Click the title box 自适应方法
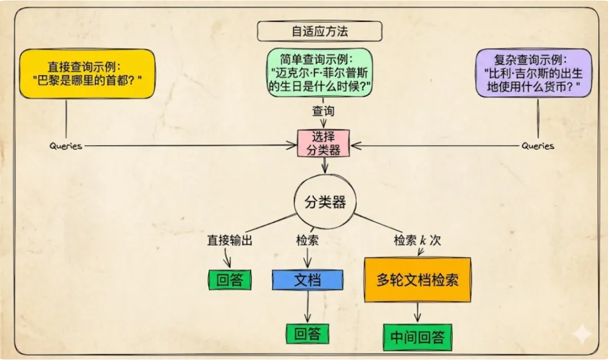point(320,31)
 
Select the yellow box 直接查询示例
point(87,74)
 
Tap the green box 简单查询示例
point(320,73)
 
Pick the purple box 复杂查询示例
point(534,73)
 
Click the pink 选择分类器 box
point(323,143)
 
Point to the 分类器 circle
point(325,202)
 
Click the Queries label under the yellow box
point(65,146)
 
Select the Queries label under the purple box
point(538,146)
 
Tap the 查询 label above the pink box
point(323,111)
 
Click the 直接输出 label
point(230,240)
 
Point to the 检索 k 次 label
point(417,240)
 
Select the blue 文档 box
point(307,280)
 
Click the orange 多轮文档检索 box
point(418,280)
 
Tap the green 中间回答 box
point(418,337)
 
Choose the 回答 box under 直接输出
point(230,280)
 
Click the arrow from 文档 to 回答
point(308,307)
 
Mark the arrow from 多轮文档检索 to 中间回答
point(417,312)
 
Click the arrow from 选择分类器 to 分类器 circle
point(325,165)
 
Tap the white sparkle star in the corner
point(582,334)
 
